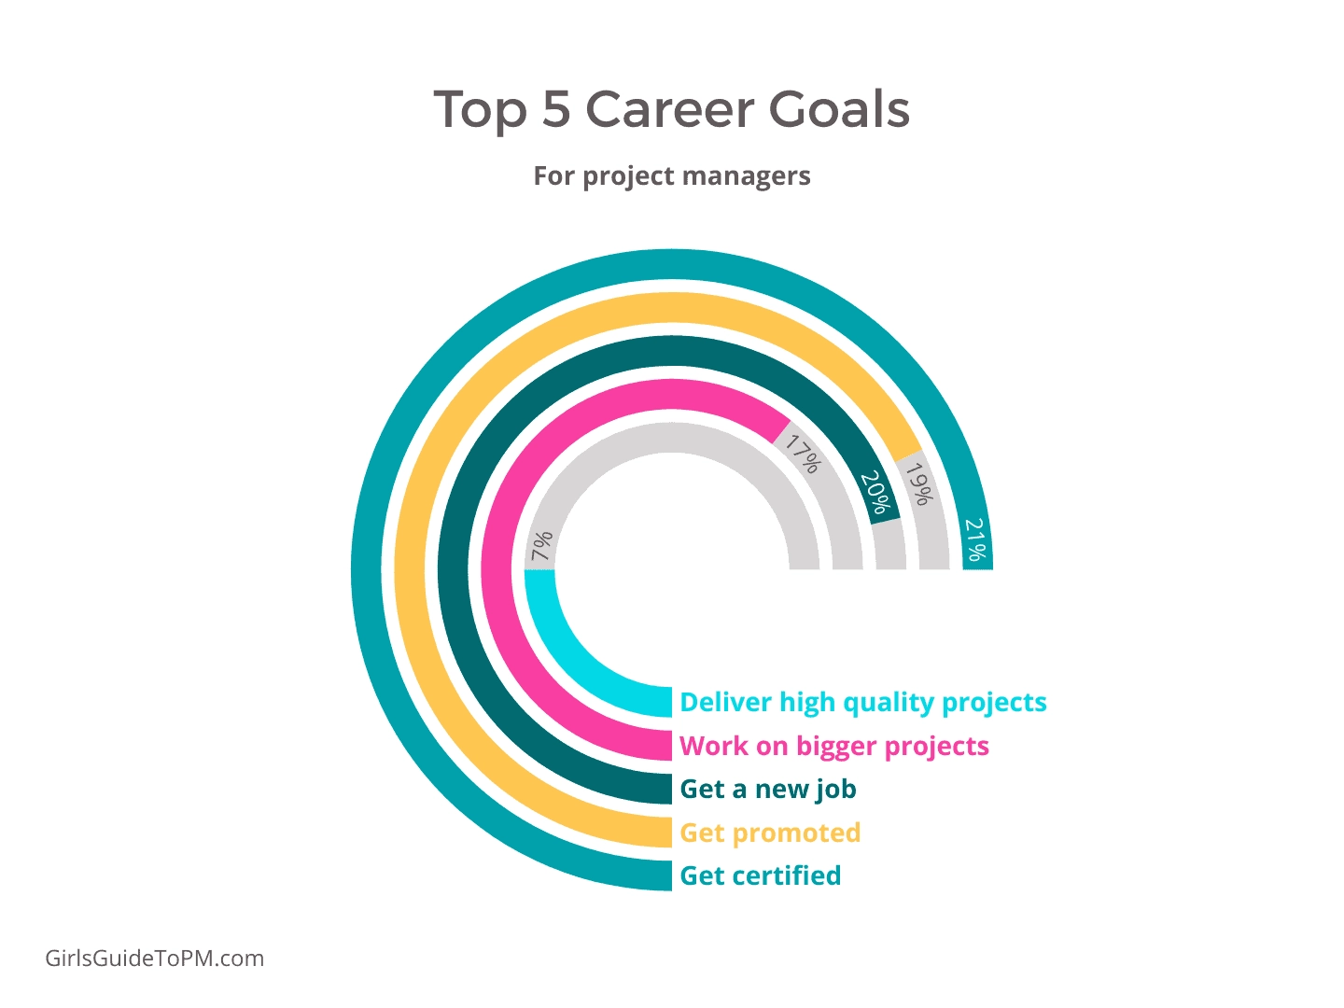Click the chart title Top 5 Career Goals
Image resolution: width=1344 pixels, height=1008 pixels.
pyautogui.click(x=671, y=110)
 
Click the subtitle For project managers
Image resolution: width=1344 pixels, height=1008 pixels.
pyautogui.click(x=672, y=176)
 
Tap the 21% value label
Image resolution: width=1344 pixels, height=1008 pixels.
pyautogui.click(x=975, y=539)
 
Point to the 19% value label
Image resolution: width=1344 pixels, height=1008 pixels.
pyautogui.click(x=919, y=483)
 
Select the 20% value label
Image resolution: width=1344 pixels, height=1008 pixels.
pyautogui.click(x=875, y=493)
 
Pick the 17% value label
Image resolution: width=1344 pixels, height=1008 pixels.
pyautogui.click(x=803, y=454)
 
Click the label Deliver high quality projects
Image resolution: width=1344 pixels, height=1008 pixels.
pyautogui.click(x=863, y=703)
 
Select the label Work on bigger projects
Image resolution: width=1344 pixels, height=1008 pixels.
pyautogui.click(x=834, y=747)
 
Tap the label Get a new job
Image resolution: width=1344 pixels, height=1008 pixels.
pyautogui.click(x=768, y=790)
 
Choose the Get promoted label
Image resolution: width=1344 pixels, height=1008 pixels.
pyautogui.click(x=770, y=833)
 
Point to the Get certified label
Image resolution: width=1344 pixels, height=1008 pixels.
pyautogui.click(x=761, y=875)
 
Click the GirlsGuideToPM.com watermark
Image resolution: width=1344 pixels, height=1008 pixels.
pyautogui.click(x=154, y=959)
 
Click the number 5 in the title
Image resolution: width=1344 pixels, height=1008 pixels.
pyautogui.click(x=556, y=110)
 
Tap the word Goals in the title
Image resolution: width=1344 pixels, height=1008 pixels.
pyautogui.click(x=839, y=109)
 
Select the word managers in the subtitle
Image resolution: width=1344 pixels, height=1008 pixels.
pyautogui.click(x=746, y=177)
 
